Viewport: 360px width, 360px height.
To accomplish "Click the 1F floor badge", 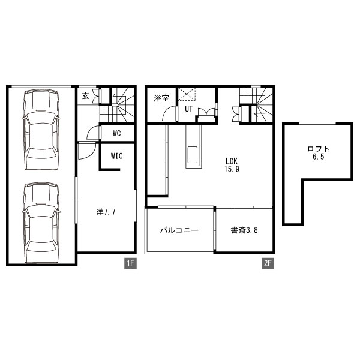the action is [x=130, y=263].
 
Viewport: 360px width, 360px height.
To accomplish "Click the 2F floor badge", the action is [x=268, y=263].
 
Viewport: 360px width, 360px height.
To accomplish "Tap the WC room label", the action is [x=117, y=133].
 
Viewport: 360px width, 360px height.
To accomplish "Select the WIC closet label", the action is [x=117, y=156].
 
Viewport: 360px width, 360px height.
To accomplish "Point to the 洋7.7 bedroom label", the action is [x=106, y=212].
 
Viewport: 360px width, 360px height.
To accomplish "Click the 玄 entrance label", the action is [x=86, y=96].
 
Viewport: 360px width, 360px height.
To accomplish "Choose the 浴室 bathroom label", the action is [x=161, y=98].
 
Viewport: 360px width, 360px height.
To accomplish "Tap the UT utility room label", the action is [x=188, y=109].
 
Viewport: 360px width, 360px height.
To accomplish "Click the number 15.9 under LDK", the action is [x=232, y=169].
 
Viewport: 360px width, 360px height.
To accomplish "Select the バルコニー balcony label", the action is [x=179, y=230].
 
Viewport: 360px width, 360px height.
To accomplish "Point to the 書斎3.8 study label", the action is [x=244, y=230].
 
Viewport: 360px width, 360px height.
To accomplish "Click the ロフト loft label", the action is [x=318, y=149].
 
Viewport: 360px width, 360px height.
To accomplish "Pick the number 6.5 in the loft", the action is [x=318, y=157].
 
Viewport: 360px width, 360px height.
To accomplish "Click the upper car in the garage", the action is [x=41, y=130].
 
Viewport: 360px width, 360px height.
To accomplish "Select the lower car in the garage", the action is [x=41, y=223].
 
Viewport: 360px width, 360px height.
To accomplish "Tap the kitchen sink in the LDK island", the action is [x=194, y=155].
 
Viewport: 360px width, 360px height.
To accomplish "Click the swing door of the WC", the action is [x=94, y=133].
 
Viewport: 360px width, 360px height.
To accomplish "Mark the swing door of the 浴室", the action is [x=170, y=113].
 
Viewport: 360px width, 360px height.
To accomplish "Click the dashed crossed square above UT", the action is [x=187, y=94].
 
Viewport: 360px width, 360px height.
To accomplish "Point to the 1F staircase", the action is [x=117, y=105].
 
